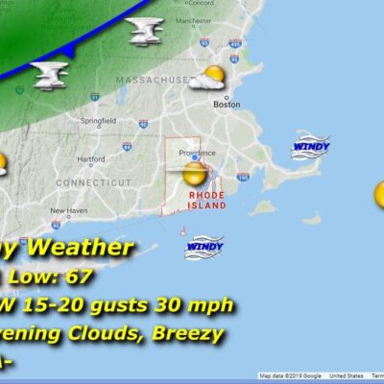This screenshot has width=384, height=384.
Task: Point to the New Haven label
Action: pyautogui.click(x=68, y=210)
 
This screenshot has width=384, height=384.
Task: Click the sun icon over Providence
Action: pyautogui.click(x=195, y=174)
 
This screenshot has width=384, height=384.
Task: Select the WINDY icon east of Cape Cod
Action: pyautogui.click(x=310, y=146)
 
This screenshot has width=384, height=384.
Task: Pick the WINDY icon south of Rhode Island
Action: pyautogui.click(x=204, y=247)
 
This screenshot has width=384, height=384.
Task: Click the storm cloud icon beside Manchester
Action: pyautogui.click(x=145, y=32)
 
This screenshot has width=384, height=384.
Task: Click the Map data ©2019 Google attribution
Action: pyautogui.click(x=291, y=375)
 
